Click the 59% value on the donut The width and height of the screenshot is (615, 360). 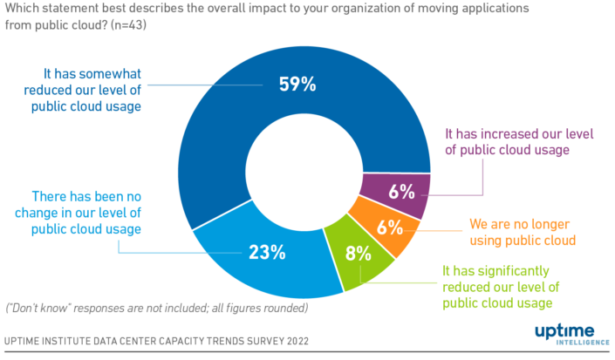[x=297, y=85]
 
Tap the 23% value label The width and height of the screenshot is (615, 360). [x=267, y=253]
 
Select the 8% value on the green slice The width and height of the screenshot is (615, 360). [x=357, y=255]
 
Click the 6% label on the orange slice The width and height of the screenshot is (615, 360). [x=389, y=228]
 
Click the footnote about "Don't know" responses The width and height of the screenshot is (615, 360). [x=156, y=308]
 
